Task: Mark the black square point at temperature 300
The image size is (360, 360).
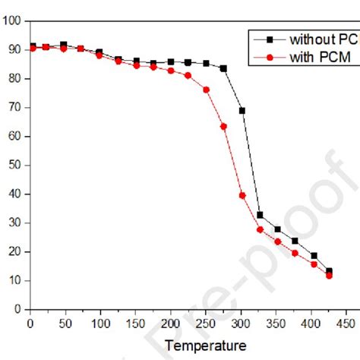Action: tap(242, 111)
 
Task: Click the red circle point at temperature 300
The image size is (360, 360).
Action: tap(242, 195)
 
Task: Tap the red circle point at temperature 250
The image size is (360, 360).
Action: tap(206, 90)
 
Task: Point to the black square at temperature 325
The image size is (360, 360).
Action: tap(260, 215)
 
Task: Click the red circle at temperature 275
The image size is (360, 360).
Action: tap(223, 126)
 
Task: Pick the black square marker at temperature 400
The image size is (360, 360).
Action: tap(314, 256)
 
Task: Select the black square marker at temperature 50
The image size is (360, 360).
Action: tap(64, 45)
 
